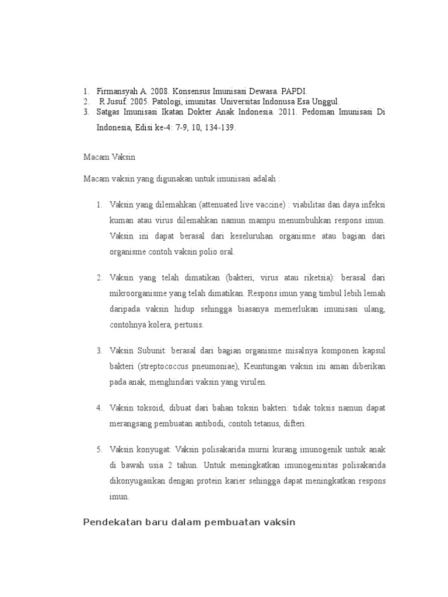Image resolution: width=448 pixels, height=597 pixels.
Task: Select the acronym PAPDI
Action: click(294, 92)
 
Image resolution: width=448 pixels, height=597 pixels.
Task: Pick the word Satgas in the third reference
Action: click(108, 111)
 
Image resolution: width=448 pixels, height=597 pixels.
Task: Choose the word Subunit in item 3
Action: click(149, 350)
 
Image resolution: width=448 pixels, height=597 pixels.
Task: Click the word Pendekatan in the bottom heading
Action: click(111, 522)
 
